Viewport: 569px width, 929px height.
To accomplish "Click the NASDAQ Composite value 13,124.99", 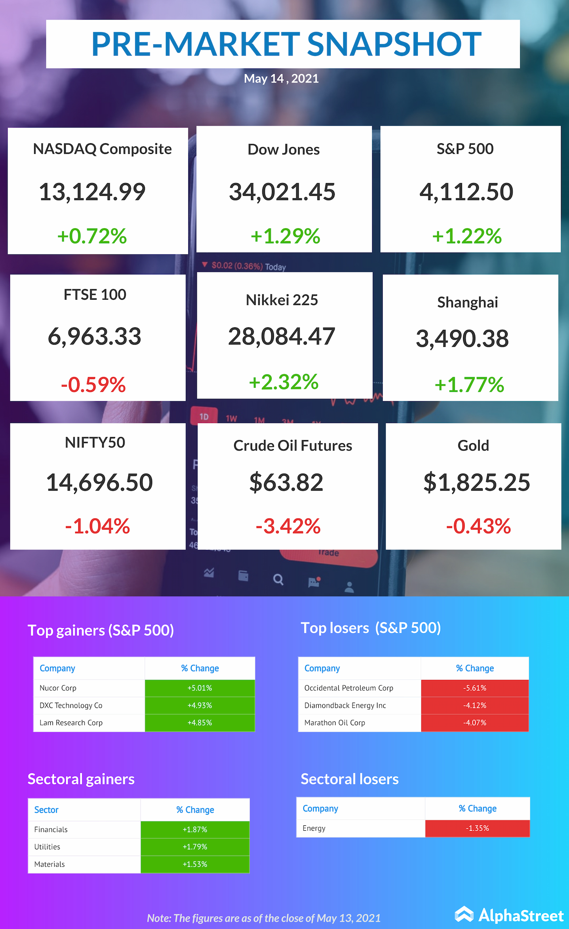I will (x=92, y=192).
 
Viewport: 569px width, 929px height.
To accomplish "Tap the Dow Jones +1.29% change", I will (x=285, y=236).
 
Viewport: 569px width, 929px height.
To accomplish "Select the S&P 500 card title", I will (x=465, y=149).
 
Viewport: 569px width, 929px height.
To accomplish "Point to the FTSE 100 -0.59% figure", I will (x=93, y=385).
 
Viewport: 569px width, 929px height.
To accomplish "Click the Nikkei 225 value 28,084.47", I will (x=281, y=336).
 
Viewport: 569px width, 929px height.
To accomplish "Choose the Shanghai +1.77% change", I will (x=469, y=385).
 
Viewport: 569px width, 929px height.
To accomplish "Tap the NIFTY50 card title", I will (x=95, y=442).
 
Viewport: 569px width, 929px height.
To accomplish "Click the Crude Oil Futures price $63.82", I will (x=286, y=483).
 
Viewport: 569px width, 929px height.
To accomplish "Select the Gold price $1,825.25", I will (x=477, y=483).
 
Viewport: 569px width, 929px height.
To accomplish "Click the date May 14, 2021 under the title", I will (x=281, y=79).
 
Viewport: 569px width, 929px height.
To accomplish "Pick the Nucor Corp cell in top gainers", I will (x=58, y=688).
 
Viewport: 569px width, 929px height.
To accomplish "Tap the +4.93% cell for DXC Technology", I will (x=200, y=705).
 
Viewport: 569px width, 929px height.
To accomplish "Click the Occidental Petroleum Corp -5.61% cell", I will (x=475, y=688).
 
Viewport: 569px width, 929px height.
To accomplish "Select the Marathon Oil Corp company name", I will (x=335, y=723).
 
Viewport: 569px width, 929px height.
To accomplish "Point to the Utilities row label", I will (x=47, y=847).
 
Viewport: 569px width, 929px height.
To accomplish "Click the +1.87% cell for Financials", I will (x=195, y=829).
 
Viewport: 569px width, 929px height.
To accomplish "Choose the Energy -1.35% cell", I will (x=477, y=828).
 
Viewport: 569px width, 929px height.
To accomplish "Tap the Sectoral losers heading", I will (x=349, y=779).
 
